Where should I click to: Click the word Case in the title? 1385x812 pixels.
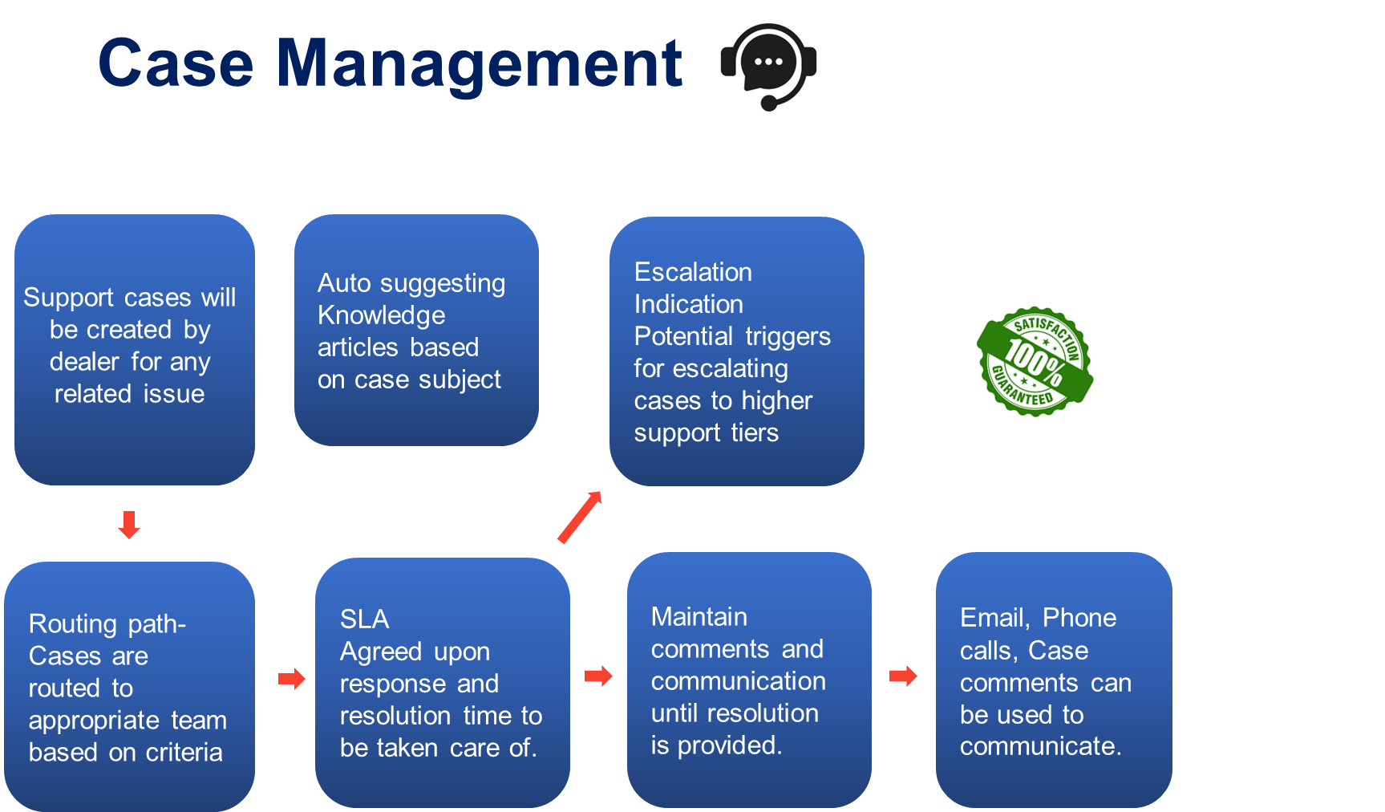click(176, 63)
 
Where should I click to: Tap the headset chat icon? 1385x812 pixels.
click(768, 67)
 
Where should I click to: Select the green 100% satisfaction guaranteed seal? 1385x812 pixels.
click(1035, 360)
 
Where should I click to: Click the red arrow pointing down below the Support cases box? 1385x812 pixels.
click(129, 525)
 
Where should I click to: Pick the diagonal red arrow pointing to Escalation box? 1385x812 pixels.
click(580, 518)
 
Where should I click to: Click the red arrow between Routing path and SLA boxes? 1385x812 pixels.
click(292, 679)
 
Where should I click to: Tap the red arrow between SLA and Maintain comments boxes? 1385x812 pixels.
click(598, 676)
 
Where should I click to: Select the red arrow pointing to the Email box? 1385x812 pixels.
click(903, 676)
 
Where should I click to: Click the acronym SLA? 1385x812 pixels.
click(364, 619)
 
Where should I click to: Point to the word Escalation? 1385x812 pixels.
click(693, 272)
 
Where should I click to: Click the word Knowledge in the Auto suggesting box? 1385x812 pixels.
click(381, 315)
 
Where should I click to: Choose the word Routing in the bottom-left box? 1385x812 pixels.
click(73, 624)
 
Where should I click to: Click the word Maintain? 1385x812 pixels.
click(699, 616)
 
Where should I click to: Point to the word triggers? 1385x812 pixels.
click(787, 337)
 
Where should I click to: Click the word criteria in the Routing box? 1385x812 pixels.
click(184, 753)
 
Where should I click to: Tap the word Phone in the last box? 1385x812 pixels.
click(1079, 618)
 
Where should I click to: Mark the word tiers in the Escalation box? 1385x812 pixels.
click(754, 433)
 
